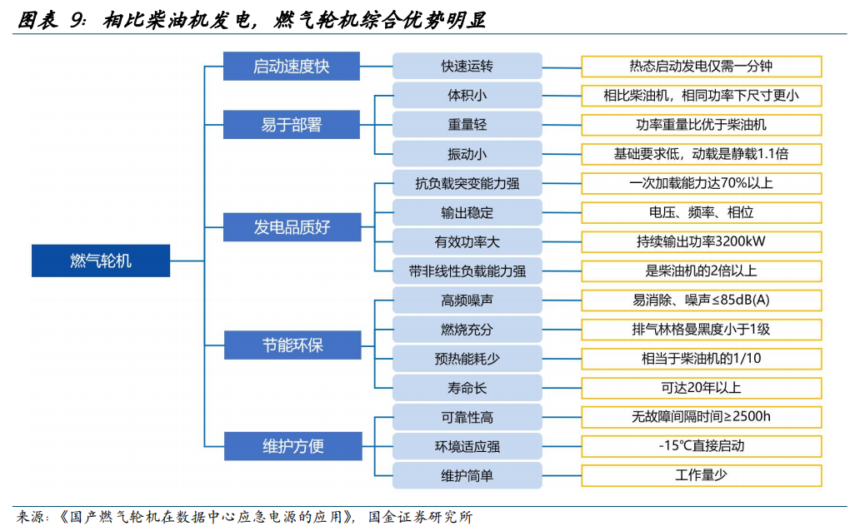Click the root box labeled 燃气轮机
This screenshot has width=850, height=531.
[x=101, y=261]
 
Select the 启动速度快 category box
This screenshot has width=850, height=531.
[x=292, y=66]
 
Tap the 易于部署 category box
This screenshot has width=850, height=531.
[x=292, y=125]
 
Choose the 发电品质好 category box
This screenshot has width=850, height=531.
[x=292, y=226]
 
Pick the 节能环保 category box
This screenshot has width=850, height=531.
[x=292, y=345]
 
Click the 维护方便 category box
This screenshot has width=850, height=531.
[x=293, y=446]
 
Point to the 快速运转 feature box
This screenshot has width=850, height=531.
[x=467, y=66]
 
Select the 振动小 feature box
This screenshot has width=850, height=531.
[x=467, y=154]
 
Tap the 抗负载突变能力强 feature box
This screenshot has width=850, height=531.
[x=467, y=183]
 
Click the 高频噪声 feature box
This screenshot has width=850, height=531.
[x=467, y=300]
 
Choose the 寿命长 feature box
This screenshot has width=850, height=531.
[x=467, y=388]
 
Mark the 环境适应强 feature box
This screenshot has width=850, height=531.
[x=467, y=446]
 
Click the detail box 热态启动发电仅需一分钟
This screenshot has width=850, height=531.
[x=702, y=66]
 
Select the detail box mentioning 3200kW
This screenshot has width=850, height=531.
[x=702, y=241]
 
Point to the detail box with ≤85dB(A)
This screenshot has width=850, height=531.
[x=702, y=300]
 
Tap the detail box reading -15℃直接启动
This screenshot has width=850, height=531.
[x=702, y=446]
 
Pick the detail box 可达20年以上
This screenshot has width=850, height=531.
[x=702, y=388]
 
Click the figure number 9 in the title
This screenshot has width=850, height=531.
[x=77, y=21]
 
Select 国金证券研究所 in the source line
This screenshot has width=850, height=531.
[x=420, y=517]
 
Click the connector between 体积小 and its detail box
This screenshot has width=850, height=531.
[x=562, y=96]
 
